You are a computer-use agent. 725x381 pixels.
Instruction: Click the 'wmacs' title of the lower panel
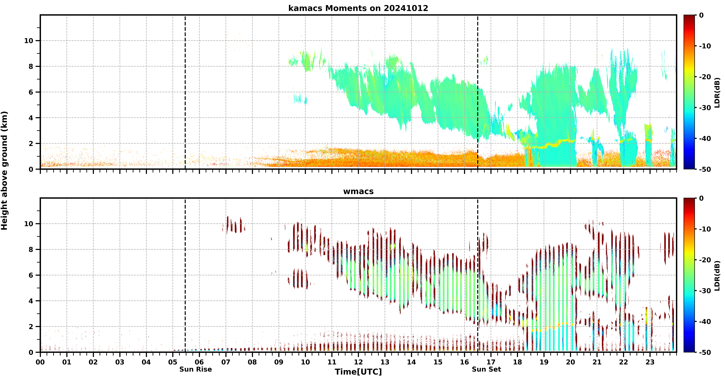[x=358, y=191]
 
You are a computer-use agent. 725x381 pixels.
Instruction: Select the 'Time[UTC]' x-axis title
[x=358, y=372]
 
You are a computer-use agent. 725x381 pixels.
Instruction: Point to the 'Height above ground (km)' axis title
[x=4, y=171]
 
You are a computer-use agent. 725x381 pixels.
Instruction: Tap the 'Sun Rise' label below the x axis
[x=196, y=369]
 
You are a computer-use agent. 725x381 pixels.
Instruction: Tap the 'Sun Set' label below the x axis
[x=486, y=369]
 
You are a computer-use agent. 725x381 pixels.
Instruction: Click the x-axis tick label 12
[x=358, y=362]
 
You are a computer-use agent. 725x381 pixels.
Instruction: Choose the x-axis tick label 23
[x=650, y=362]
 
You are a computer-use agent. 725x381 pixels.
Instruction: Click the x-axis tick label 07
[x=226, y=362]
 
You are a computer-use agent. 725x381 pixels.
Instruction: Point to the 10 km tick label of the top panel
[x=29, y=41]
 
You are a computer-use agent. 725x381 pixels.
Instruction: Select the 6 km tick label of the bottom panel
[x=31, y=275]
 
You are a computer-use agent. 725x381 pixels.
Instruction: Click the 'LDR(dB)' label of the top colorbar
[x=717, y=92]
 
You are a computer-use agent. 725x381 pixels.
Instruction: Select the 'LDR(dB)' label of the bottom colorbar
[x=717, y=275]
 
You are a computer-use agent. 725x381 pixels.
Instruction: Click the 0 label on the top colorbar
[x=701, y=15]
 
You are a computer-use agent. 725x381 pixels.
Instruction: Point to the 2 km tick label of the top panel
[x=31, y=143]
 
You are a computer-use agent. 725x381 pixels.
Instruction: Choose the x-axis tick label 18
[x=517, y=362]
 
